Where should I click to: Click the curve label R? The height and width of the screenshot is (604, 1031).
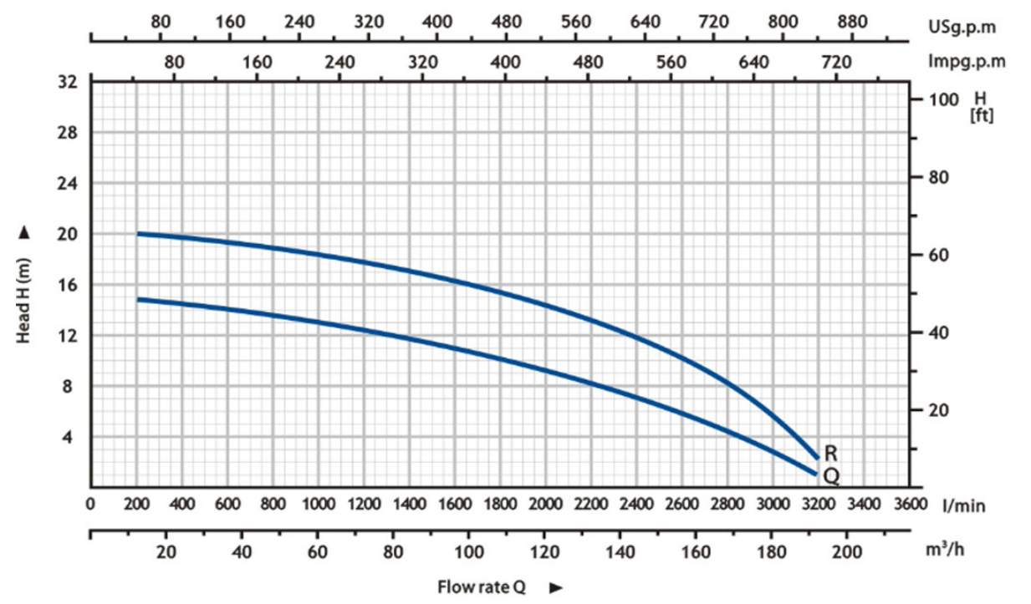[830, 454]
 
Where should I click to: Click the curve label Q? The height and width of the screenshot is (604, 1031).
[830, 476]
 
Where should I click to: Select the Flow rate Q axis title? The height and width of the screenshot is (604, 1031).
[481, 586]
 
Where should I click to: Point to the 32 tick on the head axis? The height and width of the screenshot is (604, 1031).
[68, 82]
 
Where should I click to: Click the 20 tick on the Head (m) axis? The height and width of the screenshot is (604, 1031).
[68, 234]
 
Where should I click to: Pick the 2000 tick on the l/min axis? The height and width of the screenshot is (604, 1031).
[545, 505]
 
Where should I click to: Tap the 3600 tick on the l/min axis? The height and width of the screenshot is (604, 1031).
[910, 505]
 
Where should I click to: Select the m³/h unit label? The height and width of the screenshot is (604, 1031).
[948, 550]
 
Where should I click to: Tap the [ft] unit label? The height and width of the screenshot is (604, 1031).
[980, 116]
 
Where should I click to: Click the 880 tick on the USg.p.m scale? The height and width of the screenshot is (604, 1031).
[851, 23]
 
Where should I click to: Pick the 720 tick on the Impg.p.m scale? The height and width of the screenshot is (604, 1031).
[836, 61]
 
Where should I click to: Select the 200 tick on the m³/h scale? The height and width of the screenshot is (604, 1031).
[845, 552]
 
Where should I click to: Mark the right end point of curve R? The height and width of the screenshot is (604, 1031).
[816, 456]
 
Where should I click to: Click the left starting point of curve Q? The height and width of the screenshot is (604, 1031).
[139, 298]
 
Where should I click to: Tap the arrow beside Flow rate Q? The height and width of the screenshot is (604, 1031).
[555, 587]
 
